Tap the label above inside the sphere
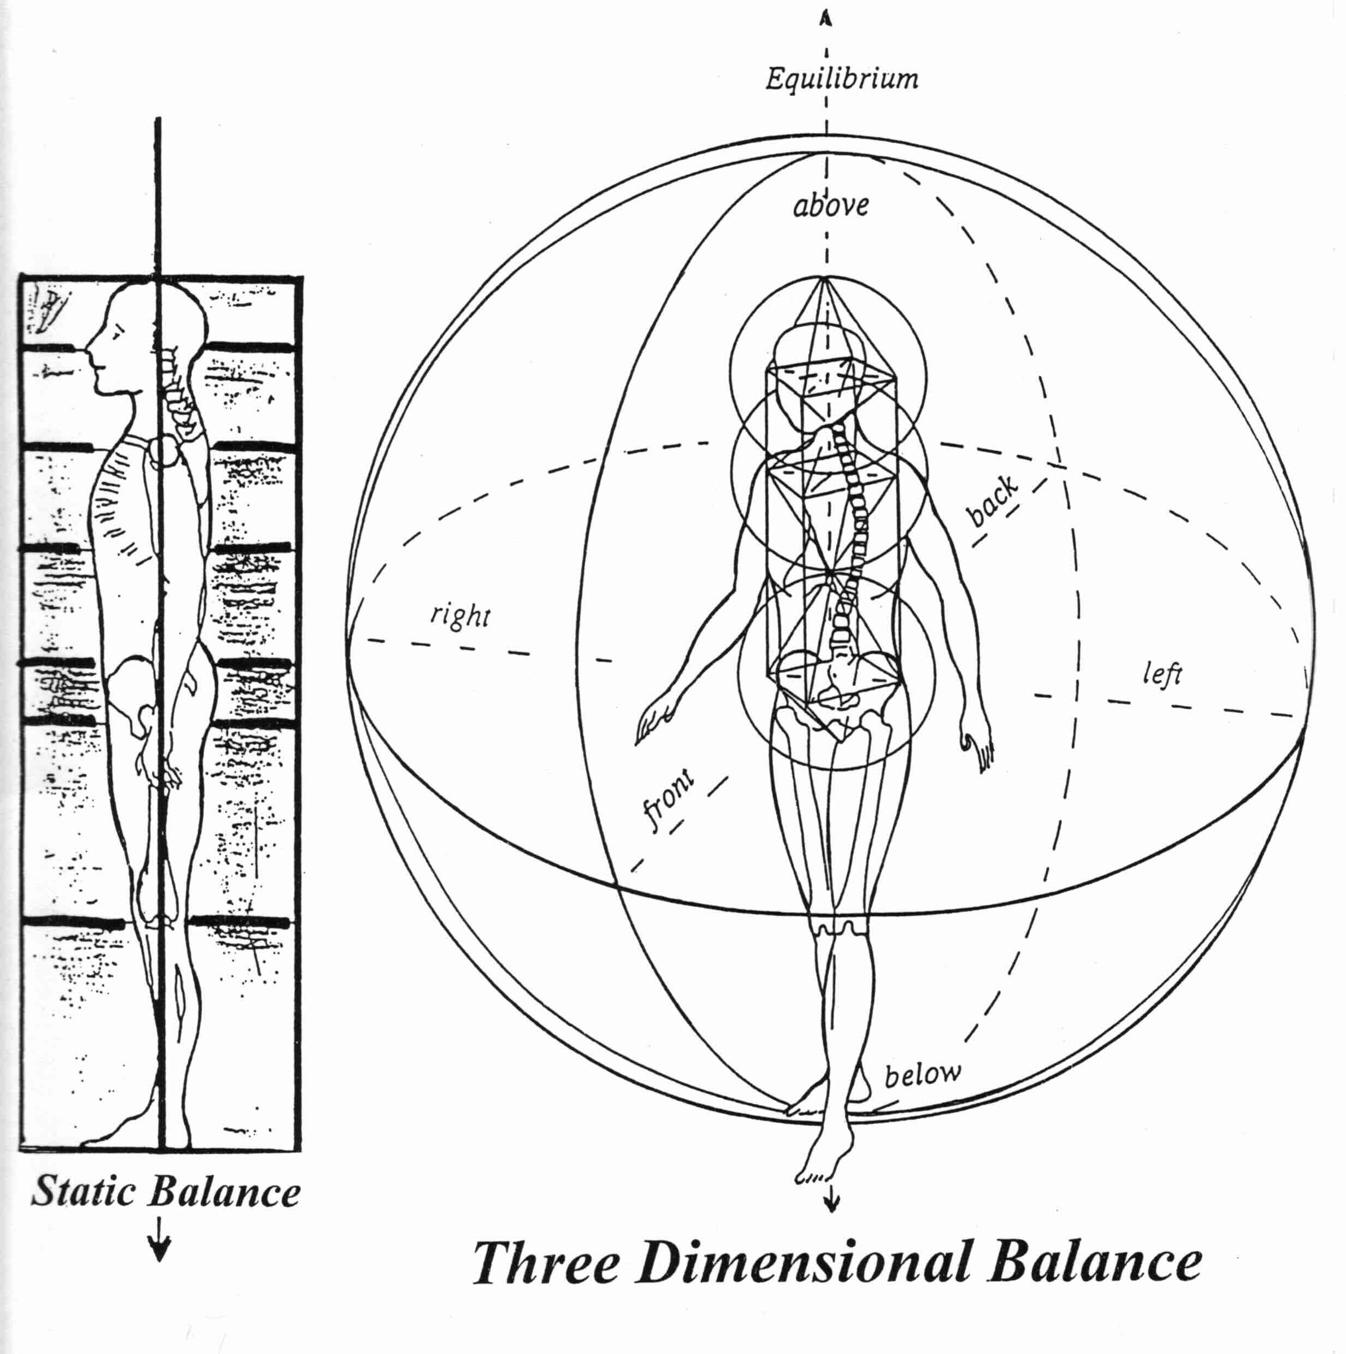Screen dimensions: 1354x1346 pyautogui.click(x=831, y=205)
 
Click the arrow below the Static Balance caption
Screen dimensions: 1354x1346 pyautogui.click(x=161, y=1247)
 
